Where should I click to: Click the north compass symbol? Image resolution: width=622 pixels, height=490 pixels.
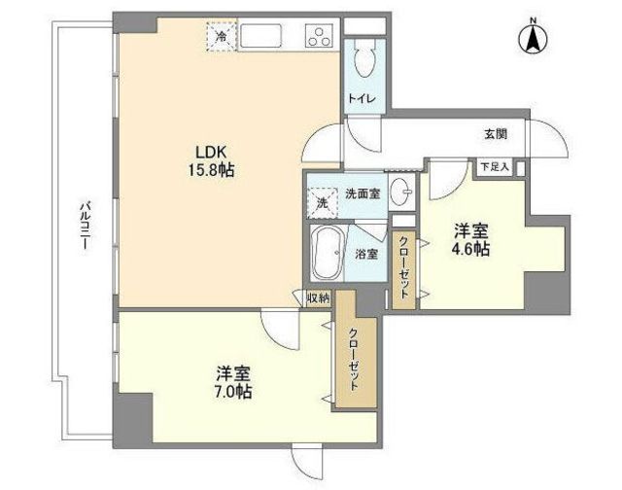point(534,38)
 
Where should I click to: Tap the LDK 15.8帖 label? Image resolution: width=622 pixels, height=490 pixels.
point(211,160)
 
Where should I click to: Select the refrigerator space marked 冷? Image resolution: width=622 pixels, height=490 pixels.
point(222,37)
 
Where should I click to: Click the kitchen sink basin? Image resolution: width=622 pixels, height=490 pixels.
point(261,36)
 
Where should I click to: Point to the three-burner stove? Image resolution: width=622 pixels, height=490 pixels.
point(318,36)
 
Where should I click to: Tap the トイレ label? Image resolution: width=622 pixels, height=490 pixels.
point(362,98)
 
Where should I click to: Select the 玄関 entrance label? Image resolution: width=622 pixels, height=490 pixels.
point(496,134)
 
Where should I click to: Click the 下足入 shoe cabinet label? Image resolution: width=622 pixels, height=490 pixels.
point(495,166)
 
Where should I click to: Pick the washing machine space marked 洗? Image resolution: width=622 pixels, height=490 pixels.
point(322,203)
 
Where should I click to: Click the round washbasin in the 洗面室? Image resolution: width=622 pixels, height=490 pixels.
point(401,193)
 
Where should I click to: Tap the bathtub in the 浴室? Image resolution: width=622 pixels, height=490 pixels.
point(327,253)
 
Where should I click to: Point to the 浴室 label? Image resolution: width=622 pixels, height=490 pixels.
point(366,254)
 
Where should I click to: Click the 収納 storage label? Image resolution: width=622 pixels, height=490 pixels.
point(319,298)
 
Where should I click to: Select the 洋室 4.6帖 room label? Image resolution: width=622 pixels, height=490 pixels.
point(471,239)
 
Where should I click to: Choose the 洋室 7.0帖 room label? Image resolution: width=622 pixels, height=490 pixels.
point(233,382)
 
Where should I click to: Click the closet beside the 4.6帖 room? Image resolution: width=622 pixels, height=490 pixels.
point(404,270)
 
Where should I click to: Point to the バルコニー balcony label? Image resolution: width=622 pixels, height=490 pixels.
point(85,227)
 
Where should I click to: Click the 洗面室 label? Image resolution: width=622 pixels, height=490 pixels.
point(363,194)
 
